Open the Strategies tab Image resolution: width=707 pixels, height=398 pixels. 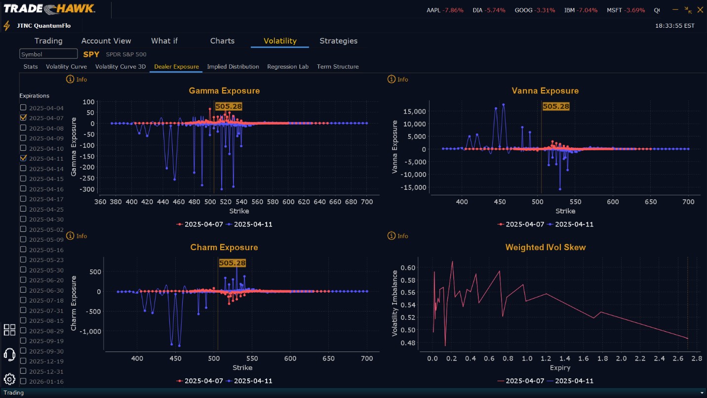(x=338, y=41)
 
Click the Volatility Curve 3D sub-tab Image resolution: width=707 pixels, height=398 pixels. (x=120, y=67)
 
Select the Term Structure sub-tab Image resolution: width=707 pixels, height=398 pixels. (x=338, y=67)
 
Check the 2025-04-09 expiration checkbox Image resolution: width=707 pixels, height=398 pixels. (x=23, y=138)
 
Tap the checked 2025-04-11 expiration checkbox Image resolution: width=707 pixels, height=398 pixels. (x=23, y=158)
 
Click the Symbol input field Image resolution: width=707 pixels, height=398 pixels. (x=48, y=54)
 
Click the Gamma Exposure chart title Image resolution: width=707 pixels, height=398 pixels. (x=224, y=91)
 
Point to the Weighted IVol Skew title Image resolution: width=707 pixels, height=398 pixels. (x=546, y=248)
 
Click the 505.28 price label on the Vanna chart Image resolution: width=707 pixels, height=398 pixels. (x=556, y=106)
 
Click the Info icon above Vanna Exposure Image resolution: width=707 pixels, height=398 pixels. (x=392, y=80)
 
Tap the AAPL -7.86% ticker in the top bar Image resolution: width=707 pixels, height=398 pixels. (x=445, y=10)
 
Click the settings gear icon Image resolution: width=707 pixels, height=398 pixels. (x=9, y=379)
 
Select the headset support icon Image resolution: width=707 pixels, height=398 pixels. (x=9, y=354)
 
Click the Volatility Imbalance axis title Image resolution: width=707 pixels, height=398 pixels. (x=395, y=303)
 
